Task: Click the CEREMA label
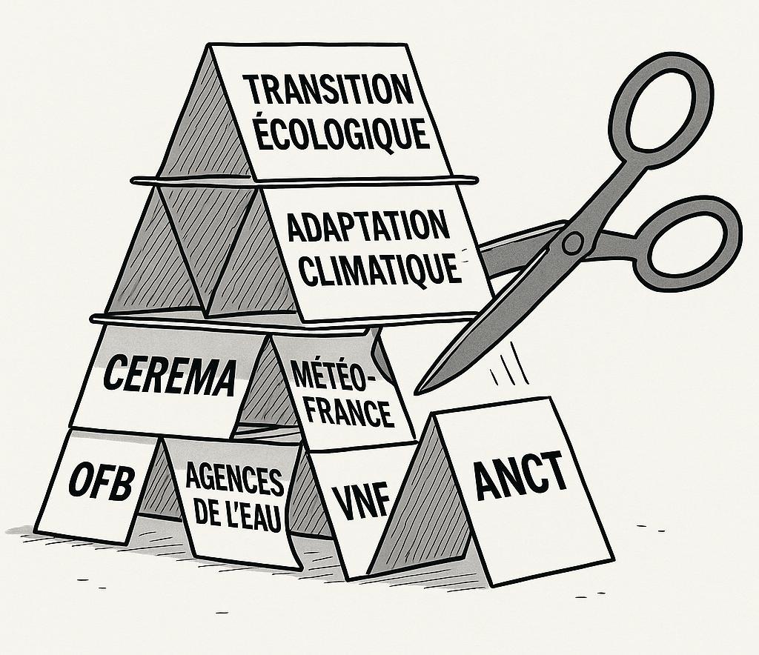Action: pos(169,376)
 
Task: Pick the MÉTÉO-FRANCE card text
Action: pos(341,393)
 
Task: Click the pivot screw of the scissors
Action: pos(571,242)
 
